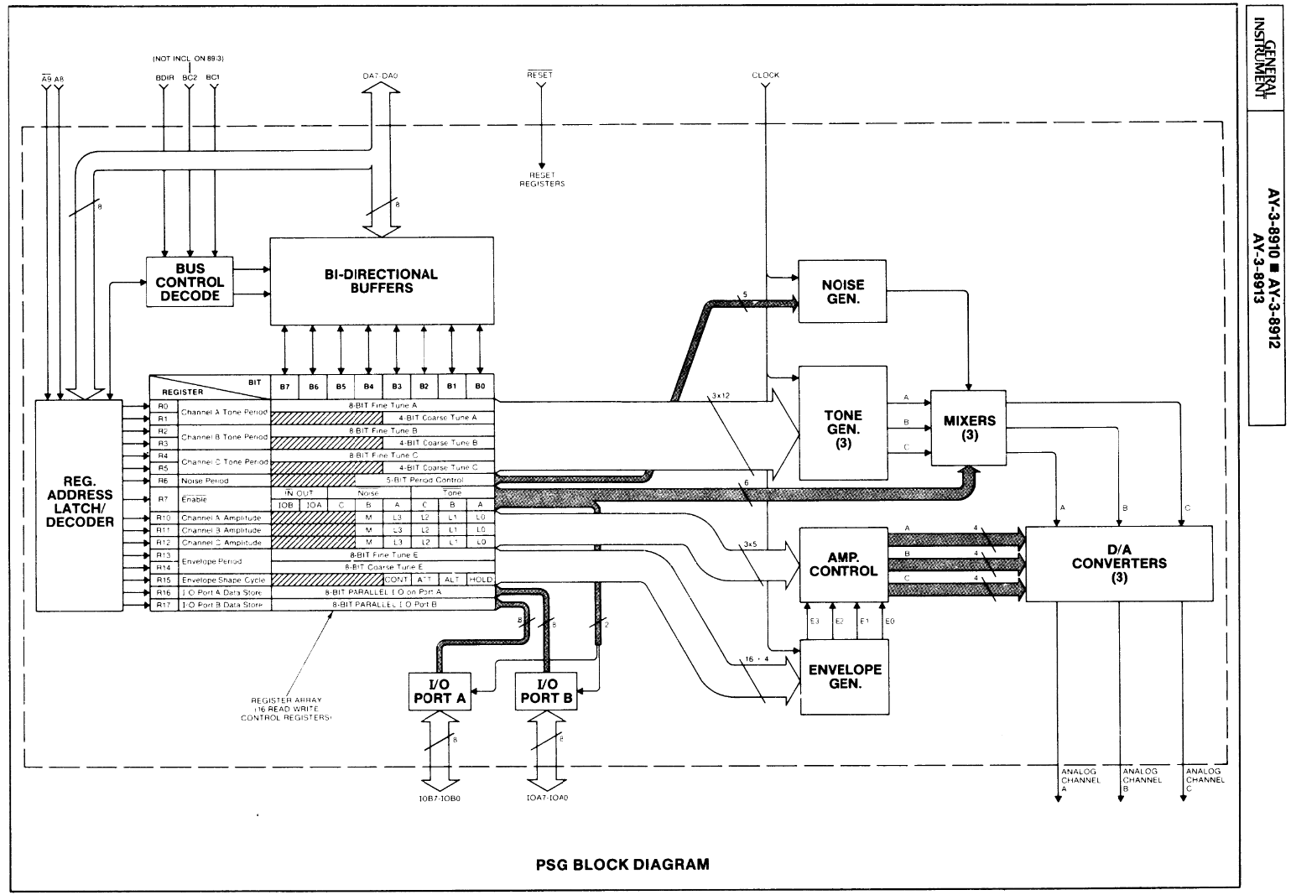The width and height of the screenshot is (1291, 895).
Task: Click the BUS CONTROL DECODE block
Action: (x=190, y=282)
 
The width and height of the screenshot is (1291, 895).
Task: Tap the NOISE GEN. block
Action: (x=842, y=291)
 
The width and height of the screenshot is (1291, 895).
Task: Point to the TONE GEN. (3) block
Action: (x=842, y=422)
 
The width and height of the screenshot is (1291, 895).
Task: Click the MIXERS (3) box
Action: (x=969, y=428)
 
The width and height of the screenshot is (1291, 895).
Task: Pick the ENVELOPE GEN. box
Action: (x=844, y=676)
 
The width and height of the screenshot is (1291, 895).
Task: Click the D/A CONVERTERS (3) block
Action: (x=1118, y=564)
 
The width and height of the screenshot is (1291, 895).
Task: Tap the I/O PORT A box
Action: (x=439, y=691)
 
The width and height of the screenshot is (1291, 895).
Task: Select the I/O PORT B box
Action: (x=546, y=691)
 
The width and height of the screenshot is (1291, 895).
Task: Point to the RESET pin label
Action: (x=539, y=75)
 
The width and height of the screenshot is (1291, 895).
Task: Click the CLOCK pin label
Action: (x=765, y=75)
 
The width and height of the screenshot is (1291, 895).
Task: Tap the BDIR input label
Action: (x=164, y=77)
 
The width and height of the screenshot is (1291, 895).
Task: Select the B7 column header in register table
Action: (x=285, y=387)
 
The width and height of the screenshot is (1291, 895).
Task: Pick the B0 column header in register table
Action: (x=480, y=387)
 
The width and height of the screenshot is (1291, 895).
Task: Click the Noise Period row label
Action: (x=205, y=481)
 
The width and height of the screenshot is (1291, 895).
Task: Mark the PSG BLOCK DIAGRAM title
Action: (x=622, y=864)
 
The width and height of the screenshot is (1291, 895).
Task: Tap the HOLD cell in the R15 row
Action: (x=481, y=580)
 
